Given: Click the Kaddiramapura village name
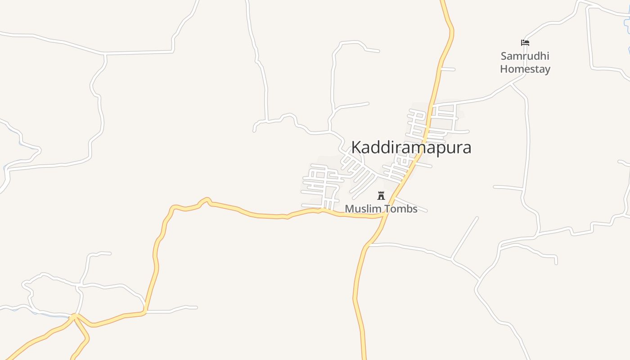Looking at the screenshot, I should (411, 148).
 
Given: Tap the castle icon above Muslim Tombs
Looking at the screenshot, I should (381, 195).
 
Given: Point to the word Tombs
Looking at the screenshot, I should (400, 209).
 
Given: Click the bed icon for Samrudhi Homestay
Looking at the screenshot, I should (525, 43).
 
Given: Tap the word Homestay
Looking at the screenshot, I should (525, 69).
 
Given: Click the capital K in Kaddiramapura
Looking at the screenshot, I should (356, 148).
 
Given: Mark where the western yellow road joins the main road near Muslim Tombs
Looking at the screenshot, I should (384, 215).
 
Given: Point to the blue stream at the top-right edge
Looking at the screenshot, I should (626, 22).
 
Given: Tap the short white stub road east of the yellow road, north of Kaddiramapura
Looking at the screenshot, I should (448, 69).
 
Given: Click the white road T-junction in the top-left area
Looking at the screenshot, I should (105, 54).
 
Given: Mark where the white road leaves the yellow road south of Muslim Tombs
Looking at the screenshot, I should (368, 245).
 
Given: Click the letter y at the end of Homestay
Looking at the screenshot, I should (547, 70).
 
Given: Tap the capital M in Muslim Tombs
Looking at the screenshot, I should (349, 209).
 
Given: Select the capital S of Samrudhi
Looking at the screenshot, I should (504, 56).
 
